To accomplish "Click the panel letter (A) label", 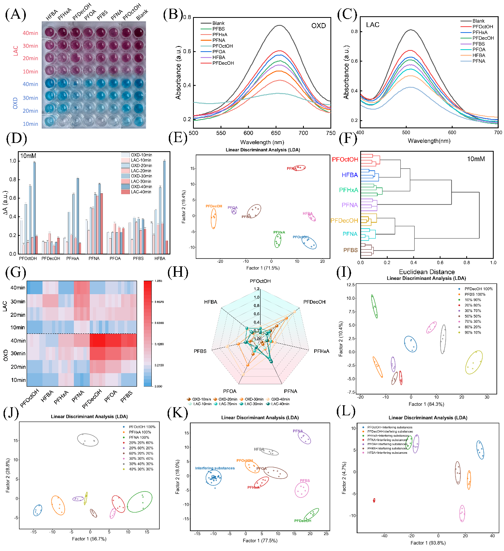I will (15, 14).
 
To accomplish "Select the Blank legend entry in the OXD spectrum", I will (218, 23).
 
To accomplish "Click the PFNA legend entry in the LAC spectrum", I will (479, 61).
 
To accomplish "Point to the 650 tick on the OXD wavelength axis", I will (276, 133).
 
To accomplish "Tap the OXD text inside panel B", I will (318, 26).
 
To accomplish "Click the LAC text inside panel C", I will (373, 25).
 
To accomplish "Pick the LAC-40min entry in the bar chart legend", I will (141, 192).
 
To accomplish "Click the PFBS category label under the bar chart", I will (138, 258).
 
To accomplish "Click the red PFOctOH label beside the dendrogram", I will (345, 160).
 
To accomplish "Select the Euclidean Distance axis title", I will (427, 272).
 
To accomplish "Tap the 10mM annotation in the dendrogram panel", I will (476, 159).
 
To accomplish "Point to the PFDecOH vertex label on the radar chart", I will (314, 302).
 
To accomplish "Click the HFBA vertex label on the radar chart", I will (210, 302).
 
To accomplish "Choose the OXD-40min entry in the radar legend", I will (280, 399).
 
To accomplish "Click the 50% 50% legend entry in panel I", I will (473, 316).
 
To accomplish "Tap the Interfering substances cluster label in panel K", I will (214, 468).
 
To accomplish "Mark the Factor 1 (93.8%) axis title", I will (428, 543).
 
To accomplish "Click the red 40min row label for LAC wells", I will (30, 33).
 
